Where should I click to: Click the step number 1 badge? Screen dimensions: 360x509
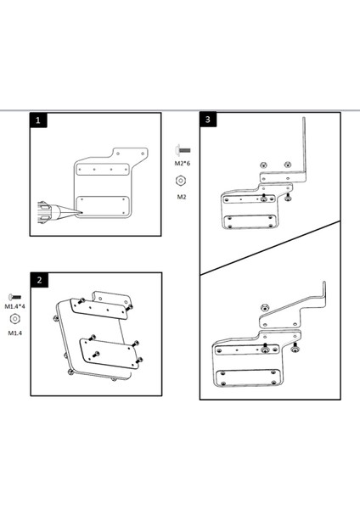38,120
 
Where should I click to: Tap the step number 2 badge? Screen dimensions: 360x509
39,280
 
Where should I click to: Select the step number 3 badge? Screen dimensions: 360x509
208,120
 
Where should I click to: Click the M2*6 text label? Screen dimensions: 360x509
183,163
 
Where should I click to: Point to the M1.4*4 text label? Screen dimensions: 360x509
15,306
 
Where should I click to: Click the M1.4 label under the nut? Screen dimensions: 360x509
15,333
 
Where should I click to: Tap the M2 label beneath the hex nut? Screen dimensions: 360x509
182,197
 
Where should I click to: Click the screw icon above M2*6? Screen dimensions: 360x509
183,150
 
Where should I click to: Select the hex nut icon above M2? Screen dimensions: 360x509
181,181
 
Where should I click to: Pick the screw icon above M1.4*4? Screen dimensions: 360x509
14,297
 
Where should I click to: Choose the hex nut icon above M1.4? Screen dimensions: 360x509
14,319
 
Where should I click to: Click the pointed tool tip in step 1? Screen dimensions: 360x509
82,213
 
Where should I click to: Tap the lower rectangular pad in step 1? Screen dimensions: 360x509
103,206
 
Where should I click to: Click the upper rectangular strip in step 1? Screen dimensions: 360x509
103,169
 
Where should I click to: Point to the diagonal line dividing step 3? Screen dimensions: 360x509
270,248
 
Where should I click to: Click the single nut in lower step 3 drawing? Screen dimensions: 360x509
264,307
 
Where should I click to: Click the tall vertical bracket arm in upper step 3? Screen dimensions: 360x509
305,146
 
